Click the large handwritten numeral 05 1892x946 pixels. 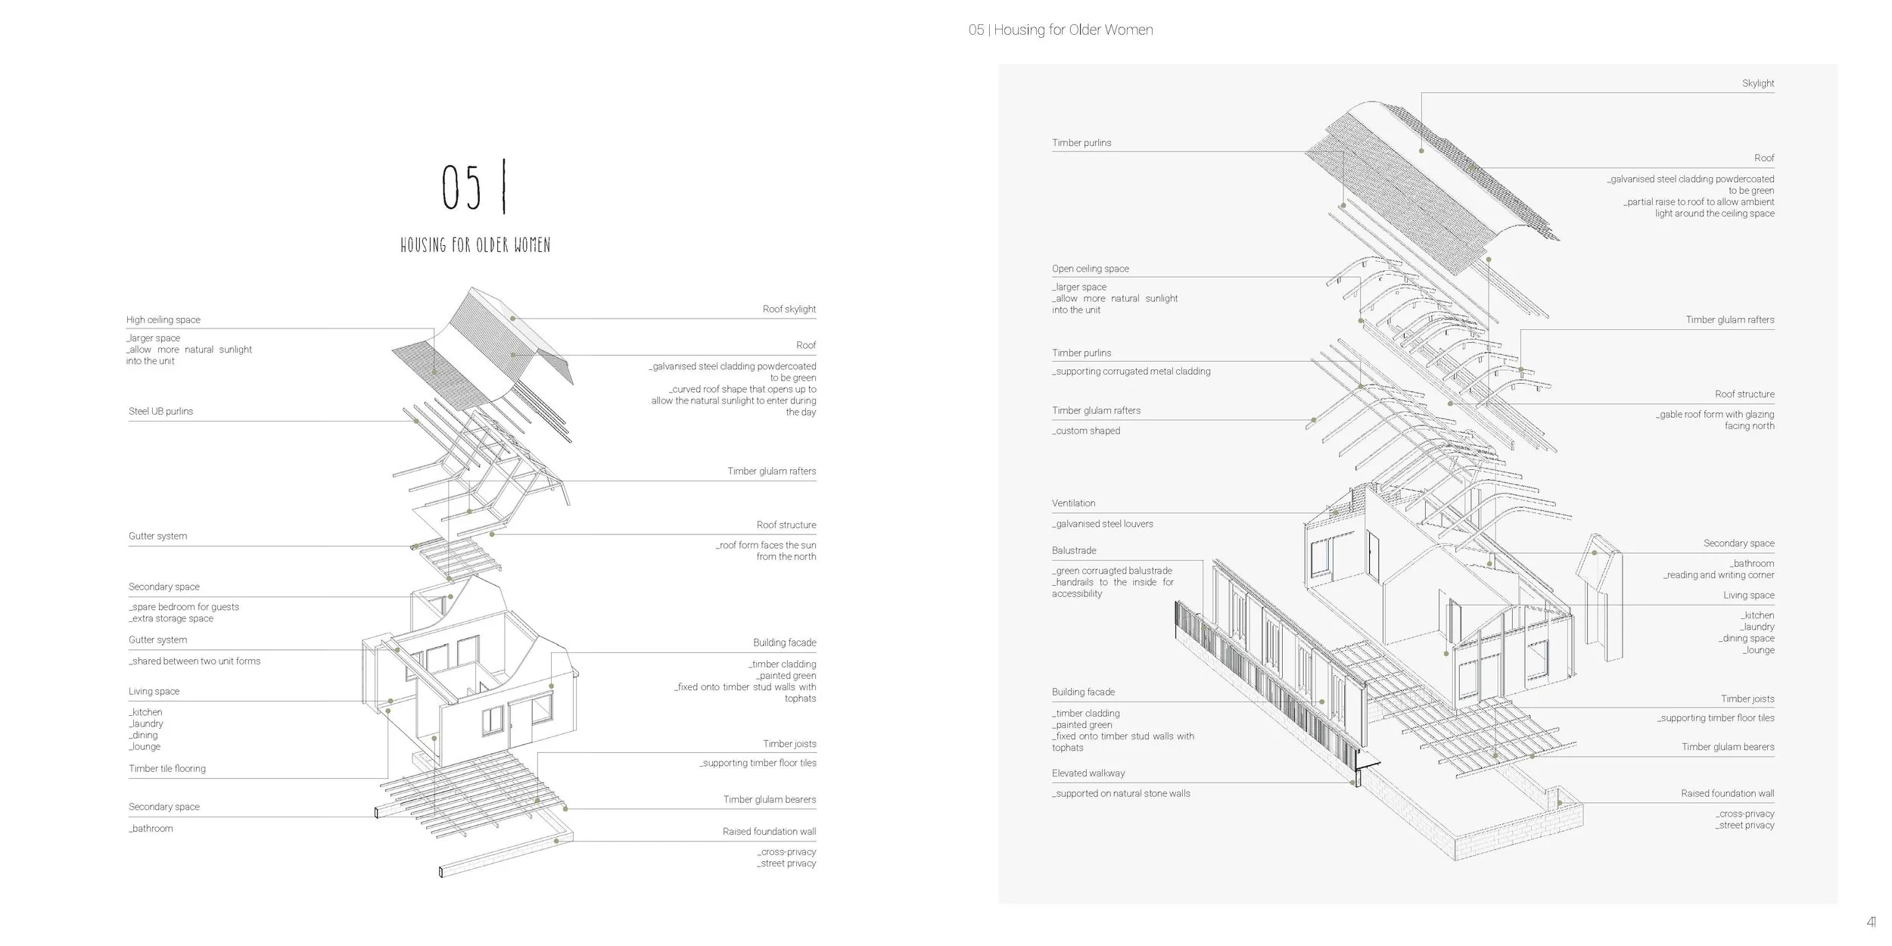tap(461, 188)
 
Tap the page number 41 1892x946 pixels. tap(1871, 922)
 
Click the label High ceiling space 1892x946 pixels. tap(163, 320)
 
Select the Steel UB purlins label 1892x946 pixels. tap(160, 412)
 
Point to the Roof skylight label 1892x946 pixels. tap(789, 310)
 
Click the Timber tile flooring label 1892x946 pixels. tap(166, 769)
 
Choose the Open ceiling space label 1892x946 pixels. tap(1090, 269)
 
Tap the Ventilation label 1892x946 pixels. tap(1073, 503)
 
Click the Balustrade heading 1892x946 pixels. tap(1073, 551)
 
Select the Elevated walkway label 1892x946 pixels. tap(1088, 773)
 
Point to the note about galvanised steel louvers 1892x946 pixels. tap(1103, 524)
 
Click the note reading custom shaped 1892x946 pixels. tap(1086, 431)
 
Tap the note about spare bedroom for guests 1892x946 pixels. tap(184, 607)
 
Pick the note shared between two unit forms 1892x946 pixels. tap(194, 661)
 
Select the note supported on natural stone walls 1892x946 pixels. tap(1121, 794)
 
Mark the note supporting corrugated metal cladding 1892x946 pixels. tap(1131, 372)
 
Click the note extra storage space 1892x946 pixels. tap(171, 619)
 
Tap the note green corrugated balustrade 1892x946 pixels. tap(1112, 571)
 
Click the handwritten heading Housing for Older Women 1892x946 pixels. tap(475, 245)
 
